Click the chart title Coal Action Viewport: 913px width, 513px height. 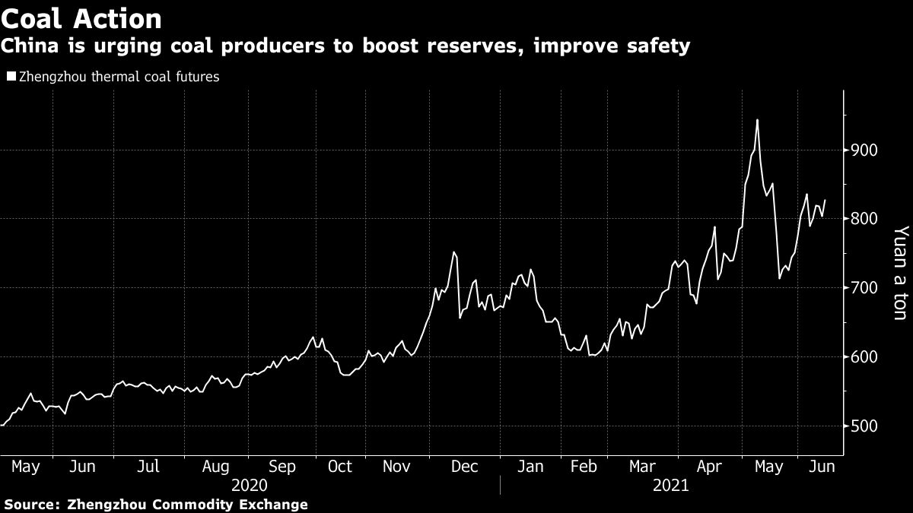(81, 18)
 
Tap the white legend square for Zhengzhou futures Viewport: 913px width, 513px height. (10, 76)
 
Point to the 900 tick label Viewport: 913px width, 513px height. (865, 150)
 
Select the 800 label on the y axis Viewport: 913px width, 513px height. (865, 219)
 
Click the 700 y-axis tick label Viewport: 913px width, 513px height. (865, 288)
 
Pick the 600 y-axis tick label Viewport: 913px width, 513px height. (865, 357)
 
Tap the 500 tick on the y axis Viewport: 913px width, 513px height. (865, 426)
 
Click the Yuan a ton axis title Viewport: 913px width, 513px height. (900, 272)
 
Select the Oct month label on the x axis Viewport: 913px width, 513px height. (339, 466)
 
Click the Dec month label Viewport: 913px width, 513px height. (465, 466)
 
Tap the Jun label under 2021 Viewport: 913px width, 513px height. (821, 466)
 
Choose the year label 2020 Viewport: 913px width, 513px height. (250, 485)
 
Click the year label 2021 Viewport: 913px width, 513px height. (670, 485)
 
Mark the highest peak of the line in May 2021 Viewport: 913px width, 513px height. (757, 119)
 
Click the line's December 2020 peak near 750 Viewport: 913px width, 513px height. (453, 252)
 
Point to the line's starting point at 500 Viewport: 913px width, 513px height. (2, 426)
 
